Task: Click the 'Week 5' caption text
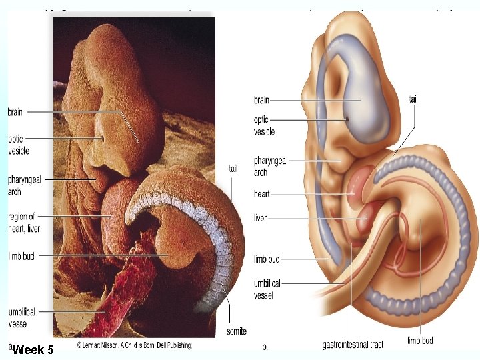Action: (33, 349)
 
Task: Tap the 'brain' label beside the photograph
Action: (15, 113)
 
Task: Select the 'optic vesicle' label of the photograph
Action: (16, 144)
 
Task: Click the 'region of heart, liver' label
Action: (22, 221)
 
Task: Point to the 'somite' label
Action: (236, 331)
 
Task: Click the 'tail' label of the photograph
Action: (233, 168)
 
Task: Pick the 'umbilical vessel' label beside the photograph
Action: (21, 317)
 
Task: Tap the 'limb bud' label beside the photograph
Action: (21, 256)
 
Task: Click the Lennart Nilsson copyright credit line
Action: (134, 345)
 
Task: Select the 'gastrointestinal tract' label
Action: (353, 345)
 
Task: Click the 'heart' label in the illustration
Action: (261, 194)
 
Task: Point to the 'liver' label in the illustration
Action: (259, 217)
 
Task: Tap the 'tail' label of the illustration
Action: (414, 99)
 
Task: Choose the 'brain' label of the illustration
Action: (261, 100)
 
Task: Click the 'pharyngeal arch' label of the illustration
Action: (270, 166)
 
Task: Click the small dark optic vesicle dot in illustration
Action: (347, 119)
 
